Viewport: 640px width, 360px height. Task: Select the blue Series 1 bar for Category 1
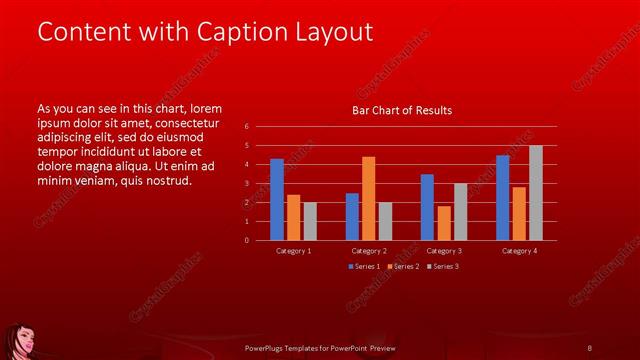coord(277,199)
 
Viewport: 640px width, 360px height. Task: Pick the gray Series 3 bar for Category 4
coord(535,193)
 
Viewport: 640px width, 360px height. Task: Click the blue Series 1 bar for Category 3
coord(427,207)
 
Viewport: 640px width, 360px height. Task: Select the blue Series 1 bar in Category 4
coord(503,197)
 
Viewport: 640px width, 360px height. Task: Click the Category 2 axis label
coord(368,250)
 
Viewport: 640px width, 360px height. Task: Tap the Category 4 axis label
coord(519,250)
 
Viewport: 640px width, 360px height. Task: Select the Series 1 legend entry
coord(364,266)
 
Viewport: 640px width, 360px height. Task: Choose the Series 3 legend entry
coord(444,266)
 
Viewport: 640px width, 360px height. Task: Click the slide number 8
coord(589,347)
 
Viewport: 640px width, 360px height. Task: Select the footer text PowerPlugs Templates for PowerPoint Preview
coord(320,347)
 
